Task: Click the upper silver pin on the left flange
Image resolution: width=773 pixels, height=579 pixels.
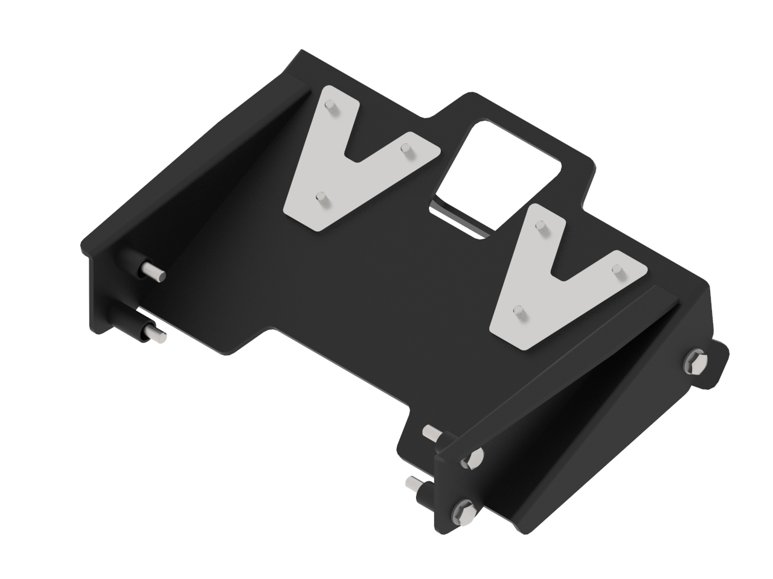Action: (155, 272)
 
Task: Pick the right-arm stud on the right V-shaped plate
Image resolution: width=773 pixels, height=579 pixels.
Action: (618, 270)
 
